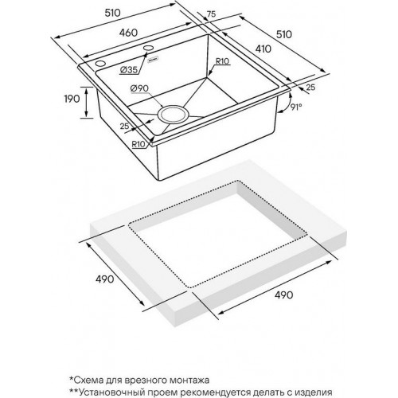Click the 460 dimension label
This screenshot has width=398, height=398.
pos(128,33)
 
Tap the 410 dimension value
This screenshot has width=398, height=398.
pos(263,49)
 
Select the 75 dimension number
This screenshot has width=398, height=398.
pos(211,14)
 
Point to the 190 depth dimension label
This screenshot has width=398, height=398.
pos(72,99)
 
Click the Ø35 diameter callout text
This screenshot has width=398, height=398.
pos(129,70)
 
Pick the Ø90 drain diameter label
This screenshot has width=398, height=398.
pos(139,88)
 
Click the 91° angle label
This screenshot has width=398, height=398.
pos(296,107)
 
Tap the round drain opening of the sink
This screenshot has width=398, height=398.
pos(174,115)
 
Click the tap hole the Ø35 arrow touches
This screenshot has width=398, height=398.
pos(148,48)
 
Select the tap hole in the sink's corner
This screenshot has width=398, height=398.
pos(100,64)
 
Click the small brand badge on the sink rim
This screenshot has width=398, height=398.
pos(153,60)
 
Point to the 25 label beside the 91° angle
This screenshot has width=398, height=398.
pos(310,87)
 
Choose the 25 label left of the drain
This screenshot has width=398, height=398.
pos(125,126)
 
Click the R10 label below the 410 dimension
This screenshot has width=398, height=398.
pos(222,61)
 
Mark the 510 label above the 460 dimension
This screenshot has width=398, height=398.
pos(113,13)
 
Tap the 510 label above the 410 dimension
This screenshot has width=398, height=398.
pos(284,34)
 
